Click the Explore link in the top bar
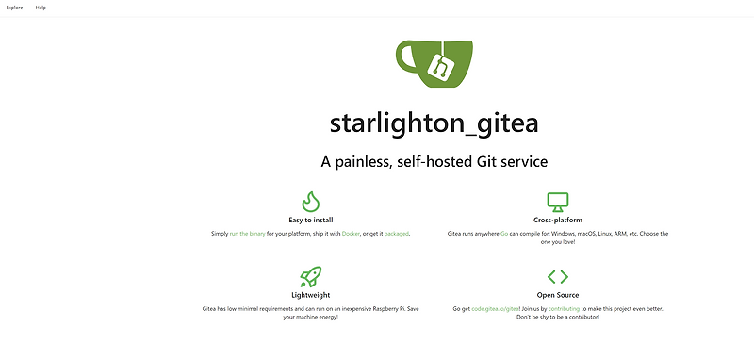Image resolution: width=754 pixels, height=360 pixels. (14, 8)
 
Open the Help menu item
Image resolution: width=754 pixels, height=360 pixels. (41, 8)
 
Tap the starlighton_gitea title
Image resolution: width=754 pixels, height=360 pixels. (434, 123)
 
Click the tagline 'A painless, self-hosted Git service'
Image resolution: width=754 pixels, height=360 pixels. (434, 162)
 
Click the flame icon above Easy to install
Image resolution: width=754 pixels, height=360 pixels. (310, 202)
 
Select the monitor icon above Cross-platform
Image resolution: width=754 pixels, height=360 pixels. (558, 202)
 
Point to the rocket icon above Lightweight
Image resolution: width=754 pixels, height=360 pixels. (310, 277)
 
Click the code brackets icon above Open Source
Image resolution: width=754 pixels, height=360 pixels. (558, 277)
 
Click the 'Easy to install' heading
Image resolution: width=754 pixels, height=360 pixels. (310, 220)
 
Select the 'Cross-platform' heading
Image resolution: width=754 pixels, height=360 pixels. (558, 220)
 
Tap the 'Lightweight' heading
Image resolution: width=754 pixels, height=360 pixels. (310, 295)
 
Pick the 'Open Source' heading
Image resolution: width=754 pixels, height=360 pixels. (558, 295)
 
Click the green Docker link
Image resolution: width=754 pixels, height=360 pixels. (351, 233)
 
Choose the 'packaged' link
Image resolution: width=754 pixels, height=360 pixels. (397, 233)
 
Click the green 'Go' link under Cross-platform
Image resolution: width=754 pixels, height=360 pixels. (504, 233)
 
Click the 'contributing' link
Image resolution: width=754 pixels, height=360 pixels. (565, 308)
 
